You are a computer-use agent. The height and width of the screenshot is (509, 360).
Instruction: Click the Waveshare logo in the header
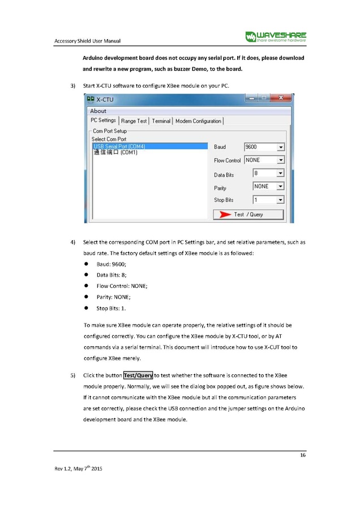(276, 37)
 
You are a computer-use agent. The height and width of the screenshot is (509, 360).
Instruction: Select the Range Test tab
(134, 120)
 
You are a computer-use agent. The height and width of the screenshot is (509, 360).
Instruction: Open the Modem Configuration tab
(198, 120)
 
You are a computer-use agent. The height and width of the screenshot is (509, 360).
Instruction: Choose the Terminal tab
(161, 120)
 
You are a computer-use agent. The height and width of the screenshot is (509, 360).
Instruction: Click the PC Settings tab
(104, 120)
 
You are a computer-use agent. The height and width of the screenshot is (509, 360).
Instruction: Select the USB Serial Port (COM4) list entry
(118, 146)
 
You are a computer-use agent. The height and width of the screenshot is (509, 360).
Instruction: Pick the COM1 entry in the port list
(115, 152)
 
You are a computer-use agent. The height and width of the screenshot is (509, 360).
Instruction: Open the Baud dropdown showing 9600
(264, 147)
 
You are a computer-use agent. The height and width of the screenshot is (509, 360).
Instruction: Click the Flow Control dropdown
(264, 160)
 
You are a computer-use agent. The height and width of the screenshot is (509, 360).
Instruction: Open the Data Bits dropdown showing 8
(268, 174)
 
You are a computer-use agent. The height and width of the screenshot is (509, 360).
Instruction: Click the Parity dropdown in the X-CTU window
(268, 186)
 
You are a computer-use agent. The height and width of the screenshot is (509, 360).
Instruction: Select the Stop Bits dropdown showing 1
(268, 200)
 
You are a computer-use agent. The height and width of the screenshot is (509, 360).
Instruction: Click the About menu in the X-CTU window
(98, 111)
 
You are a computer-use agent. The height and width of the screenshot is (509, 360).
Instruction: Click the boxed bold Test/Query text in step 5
(138, 375)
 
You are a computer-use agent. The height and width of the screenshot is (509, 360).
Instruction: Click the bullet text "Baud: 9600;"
(112, 265)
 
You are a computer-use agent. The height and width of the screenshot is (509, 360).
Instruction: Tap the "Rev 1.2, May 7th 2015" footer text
(78, 469)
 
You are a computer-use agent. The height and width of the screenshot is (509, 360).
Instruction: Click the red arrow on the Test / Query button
(225, 214)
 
